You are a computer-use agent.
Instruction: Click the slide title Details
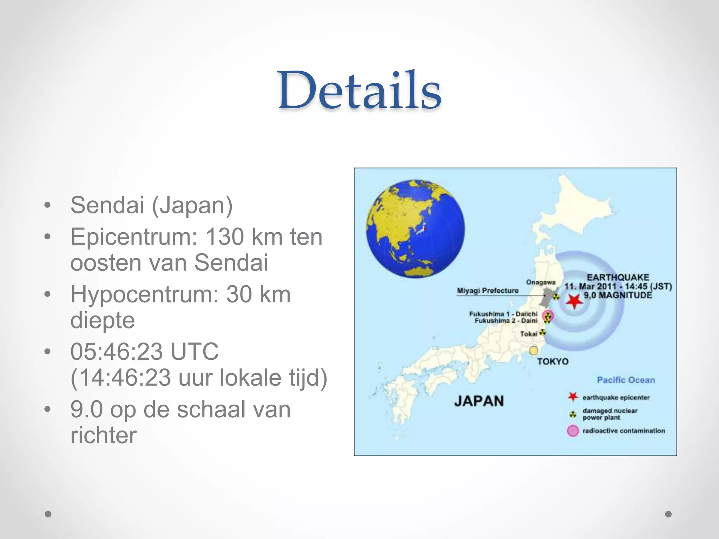pyautogui.click(x=359, y=91)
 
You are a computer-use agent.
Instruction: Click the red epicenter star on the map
pyautogui.click(x=574, y=301)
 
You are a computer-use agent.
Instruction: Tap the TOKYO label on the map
pyautogui.click(x=553, y=361)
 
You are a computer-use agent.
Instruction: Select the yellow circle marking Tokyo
pyautogui.click(x=534, y=350)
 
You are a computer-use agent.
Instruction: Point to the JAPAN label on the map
pyautogui.click(x=479, y=401)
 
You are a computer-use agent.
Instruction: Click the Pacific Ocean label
pyautogui.click(x=626, y=380)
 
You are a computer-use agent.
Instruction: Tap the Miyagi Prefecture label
pyautogui.click(x=488, y=291)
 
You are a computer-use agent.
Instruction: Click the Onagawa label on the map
pyautogui.click(x=541, y=282)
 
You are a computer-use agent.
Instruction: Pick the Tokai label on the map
pyautogui.click(x=529, y=334)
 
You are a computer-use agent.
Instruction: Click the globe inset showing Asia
pyautogui.click(x=415, y=229)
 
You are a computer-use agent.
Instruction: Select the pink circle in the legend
pyautogui.click(x=573, y=431)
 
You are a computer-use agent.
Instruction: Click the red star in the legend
pyautogui.click(x=573, y=397)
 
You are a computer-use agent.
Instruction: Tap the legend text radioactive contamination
pyautogui.click(x=624, y=431)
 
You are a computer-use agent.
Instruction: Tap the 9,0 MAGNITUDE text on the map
pyautogui.click(x=618, y=295)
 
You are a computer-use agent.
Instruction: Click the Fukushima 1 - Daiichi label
pyautogui.click(x=503, y=314)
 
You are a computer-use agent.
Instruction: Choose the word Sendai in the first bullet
pyautogui.click(x=107, y=205)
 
